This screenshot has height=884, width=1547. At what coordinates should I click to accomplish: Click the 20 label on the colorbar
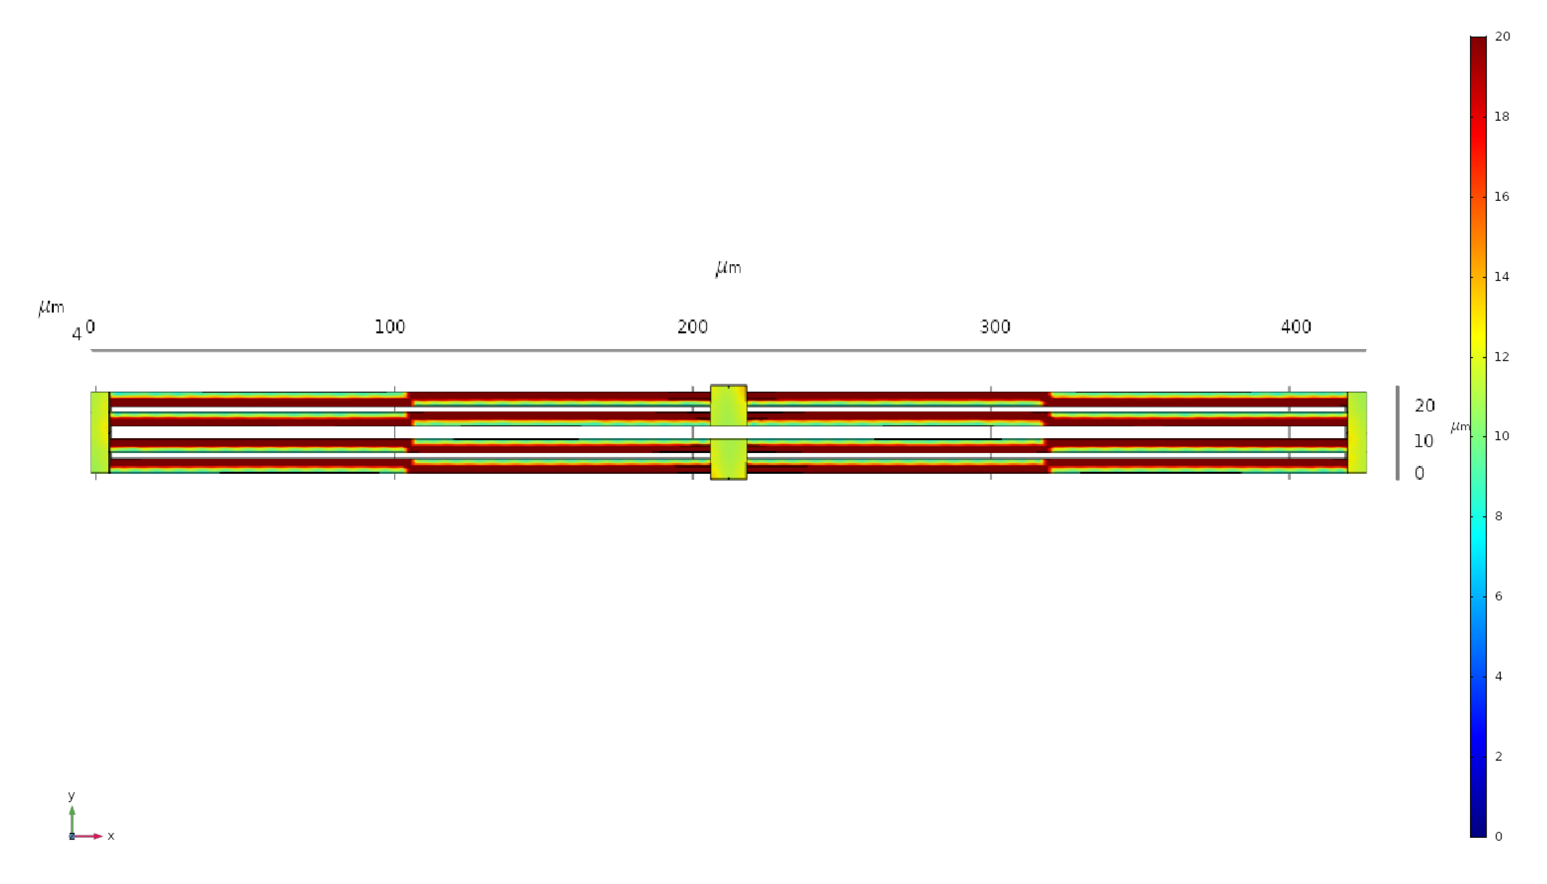coord(1502,36)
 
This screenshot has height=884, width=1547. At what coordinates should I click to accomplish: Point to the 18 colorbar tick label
coord(1501,116)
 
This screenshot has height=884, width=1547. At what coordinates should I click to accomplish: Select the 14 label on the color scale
coord(1501,277)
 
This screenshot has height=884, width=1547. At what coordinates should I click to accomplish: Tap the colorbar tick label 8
coord(1499,516)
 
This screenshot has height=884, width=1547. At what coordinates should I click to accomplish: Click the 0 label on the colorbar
coord(1499,837)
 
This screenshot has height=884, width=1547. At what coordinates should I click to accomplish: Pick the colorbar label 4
coord(1499,676)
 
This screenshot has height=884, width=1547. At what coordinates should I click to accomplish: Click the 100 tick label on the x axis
coord(390,327)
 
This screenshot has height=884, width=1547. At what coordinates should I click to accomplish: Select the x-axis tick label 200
coord(692,327)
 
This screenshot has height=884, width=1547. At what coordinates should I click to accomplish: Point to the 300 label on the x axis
coord(995,327)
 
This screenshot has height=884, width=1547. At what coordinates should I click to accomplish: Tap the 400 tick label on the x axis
coord(1296,327)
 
